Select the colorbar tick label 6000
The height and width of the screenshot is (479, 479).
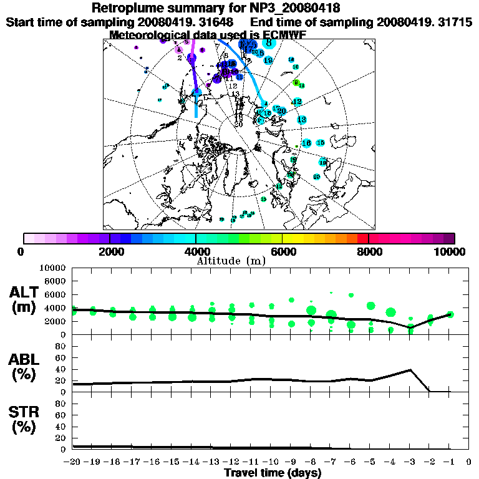[283, 251]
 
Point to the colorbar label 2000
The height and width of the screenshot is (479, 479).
[110, 251]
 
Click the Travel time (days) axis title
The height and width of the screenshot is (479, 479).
[273, 473]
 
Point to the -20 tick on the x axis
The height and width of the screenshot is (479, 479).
[72, 462]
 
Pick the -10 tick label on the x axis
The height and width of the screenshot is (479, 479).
[270, 462]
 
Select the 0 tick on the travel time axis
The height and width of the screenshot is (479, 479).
[468, 462]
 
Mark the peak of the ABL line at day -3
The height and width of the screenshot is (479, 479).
[410, 370]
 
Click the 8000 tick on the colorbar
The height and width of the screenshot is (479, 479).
[369, 251]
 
